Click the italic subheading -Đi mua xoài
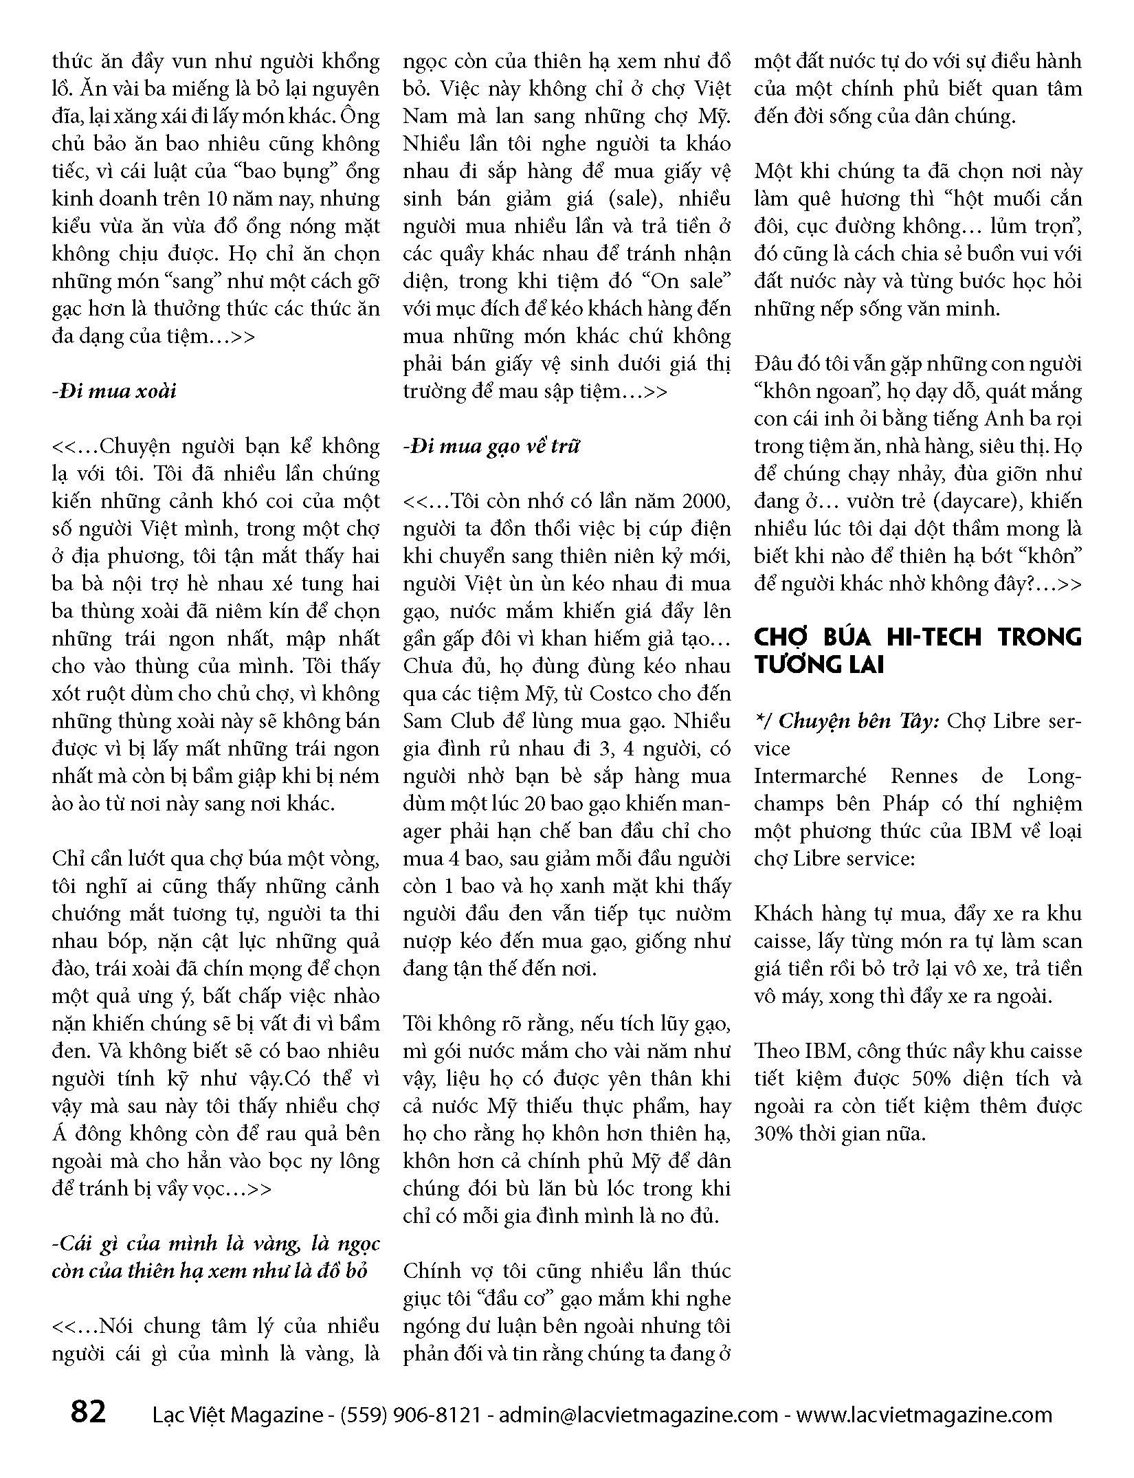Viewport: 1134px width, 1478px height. (114, 391)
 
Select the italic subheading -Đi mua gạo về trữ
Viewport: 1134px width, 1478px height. (491, 446)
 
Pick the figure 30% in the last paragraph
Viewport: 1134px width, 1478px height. (777, 1134)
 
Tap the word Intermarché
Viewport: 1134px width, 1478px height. (810, 776)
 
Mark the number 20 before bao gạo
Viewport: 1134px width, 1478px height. (538, 804)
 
